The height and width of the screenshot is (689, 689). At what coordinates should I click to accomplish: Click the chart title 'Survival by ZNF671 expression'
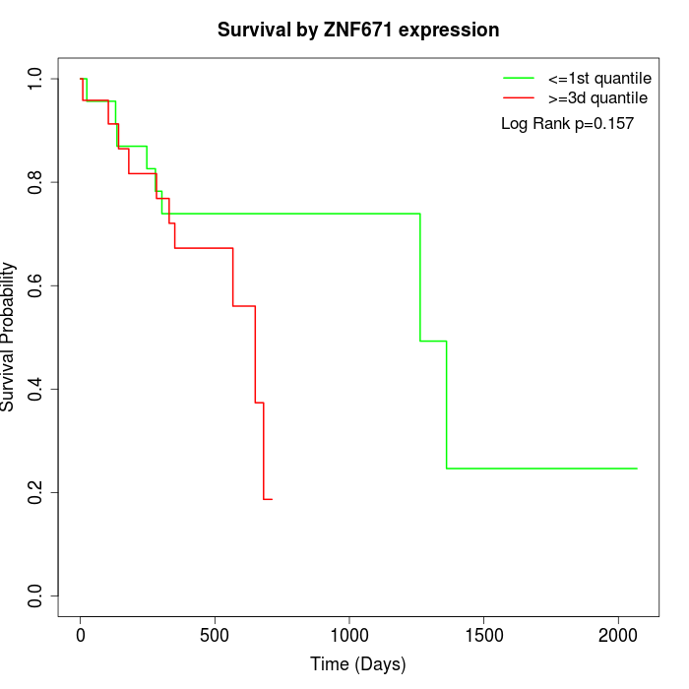click(358, 30)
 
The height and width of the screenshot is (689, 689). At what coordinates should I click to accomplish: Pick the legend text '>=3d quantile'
click(597, 97)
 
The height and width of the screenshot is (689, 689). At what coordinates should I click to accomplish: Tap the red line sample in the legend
click(519, 97)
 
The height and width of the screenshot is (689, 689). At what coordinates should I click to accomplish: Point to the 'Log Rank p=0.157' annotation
click(567, 124)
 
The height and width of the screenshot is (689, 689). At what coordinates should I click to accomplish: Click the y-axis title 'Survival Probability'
click(9, 337)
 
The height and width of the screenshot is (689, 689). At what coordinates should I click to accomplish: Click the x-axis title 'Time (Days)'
click(358, 664)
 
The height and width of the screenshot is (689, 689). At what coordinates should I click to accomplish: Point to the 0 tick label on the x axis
click(81, 634)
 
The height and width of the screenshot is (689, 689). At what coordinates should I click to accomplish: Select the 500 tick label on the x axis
click(215, 634)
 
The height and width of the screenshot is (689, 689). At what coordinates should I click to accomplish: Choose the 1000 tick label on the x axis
click(349, 634)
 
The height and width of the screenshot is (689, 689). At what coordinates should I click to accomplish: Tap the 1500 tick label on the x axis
click(483, 634)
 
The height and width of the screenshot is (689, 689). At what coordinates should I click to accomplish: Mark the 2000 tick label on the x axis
click(618, 634)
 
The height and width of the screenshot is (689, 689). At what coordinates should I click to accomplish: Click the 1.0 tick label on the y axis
click(36, 79)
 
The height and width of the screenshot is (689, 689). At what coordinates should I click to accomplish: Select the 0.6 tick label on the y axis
click(36, 285)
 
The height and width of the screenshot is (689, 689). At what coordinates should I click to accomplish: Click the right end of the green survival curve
click(637, 469)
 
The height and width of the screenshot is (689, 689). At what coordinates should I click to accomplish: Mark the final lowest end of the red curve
click(271, 499)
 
